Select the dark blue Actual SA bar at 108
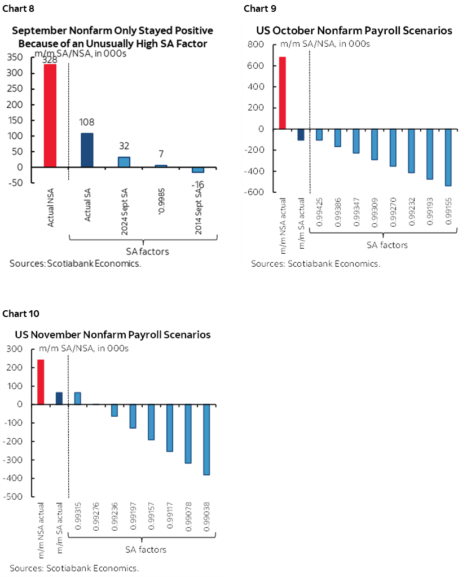(x=87, y=150)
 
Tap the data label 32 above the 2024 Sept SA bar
(x=124, y=146)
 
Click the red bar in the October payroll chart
(x=283, y=93)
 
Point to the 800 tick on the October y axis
(x=256, y=45)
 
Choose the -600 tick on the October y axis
(x=254, y=192)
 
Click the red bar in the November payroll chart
(x=41, y=382)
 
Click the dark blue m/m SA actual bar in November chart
(x=59, y=398)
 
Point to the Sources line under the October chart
(x=315, y=263)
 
